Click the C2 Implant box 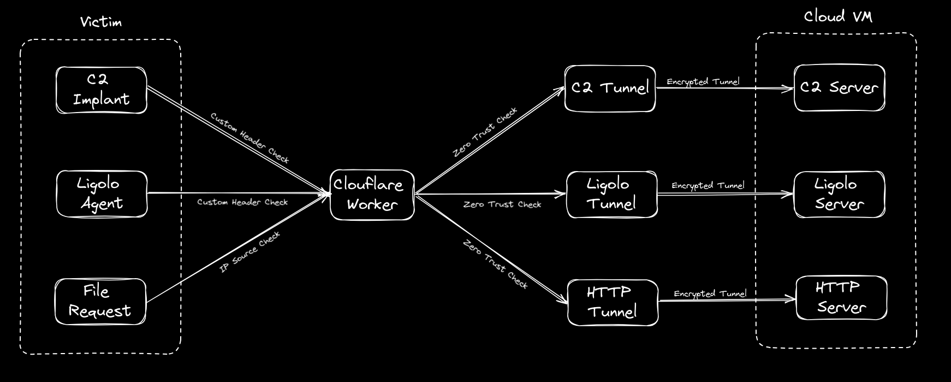[102, 90]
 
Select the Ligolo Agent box [102, 194]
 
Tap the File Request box [100, 302]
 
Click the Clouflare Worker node [372, 195]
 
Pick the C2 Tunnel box [610, 89]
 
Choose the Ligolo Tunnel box [612, 195]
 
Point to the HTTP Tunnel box [613, 302]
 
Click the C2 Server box [839, 87]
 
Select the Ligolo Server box [839, 195]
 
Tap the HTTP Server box [841, 298]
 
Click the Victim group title [101, 22]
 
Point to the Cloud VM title [838, 17]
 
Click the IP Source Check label [250, 252]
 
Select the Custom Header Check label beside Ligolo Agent [242, 202]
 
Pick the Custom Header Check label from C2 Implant [249, 138]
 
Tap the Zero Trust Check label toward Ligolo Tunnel [502, 204]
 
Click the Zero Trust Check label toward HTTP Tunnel [496, 264]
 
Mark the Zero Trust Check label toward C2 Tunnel [485, 132]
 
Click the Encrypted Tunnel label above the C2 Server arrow [703, 81]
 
